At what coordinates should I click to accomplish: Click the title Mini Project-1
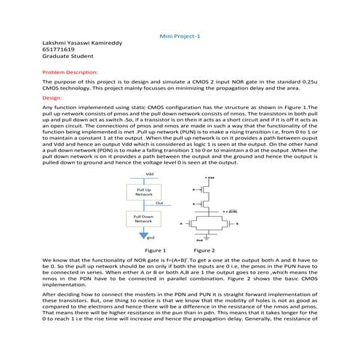click(179, 36)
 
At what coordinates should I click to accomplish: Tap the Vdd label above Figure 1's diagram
click(149, 174)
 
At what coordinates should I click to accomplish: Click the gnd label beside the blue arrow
click(151, 237)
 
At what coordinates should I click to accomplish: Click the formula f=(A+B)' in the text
click(188, 259)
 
